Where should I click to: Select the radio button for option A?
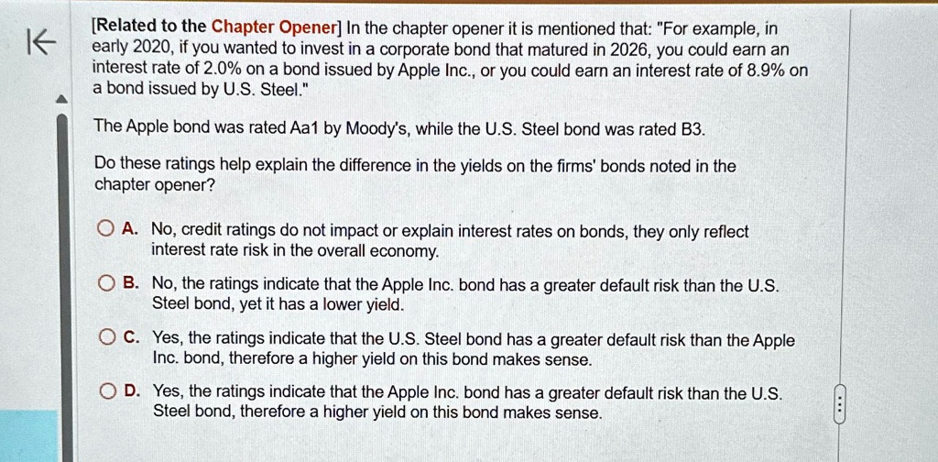[106, 228]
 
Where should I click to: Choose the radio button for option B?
[106, 283]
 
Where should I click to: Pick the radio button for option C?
[108, 339]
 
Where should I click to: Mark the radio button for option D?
[108, 392]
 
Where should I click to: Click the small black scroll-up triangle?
[61, 100]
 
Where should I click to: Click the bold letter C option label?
[131, 339]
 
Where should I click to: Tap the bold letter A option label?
[129, 228]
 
